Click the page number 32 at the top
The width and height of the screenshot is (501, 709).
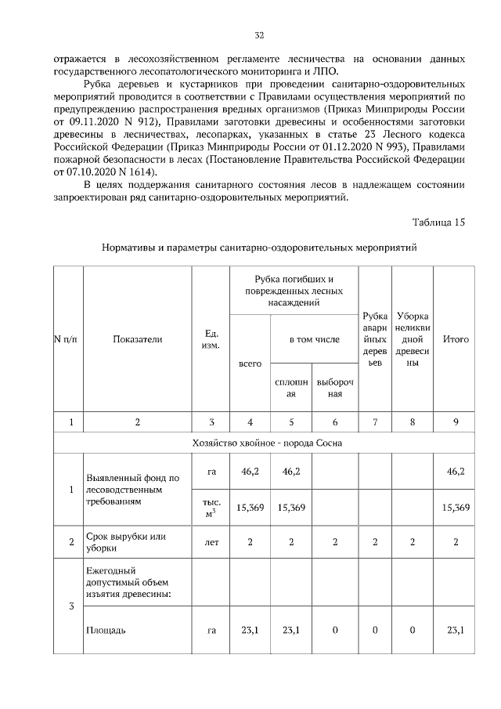coord(259,35)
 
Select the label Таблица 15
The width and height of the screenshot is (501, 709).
coord(438,222)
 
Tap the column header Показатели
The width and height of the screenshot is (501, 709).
coord(137,339)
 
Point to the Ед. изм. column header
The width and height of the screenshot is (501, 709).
coord(210,339)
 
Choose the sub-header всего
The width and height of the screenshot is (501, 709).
coord(250,364)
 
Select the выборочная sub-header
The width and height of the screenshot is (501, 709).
coord(334,388)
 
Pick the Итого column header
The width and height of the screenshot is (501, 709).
coord(456,339)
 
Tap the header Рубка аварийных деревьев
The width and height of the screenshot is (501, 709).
coord(375,339)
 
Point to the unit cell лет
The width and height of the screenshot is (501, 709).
coord(211,541)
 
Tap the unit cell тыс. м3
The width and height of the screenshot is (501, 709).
coord(211,507)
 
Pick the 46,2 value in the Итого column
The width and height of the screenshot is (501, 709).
coord(456,472)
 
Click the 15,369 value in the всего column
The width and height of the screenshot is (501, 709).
coord(250,508)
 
